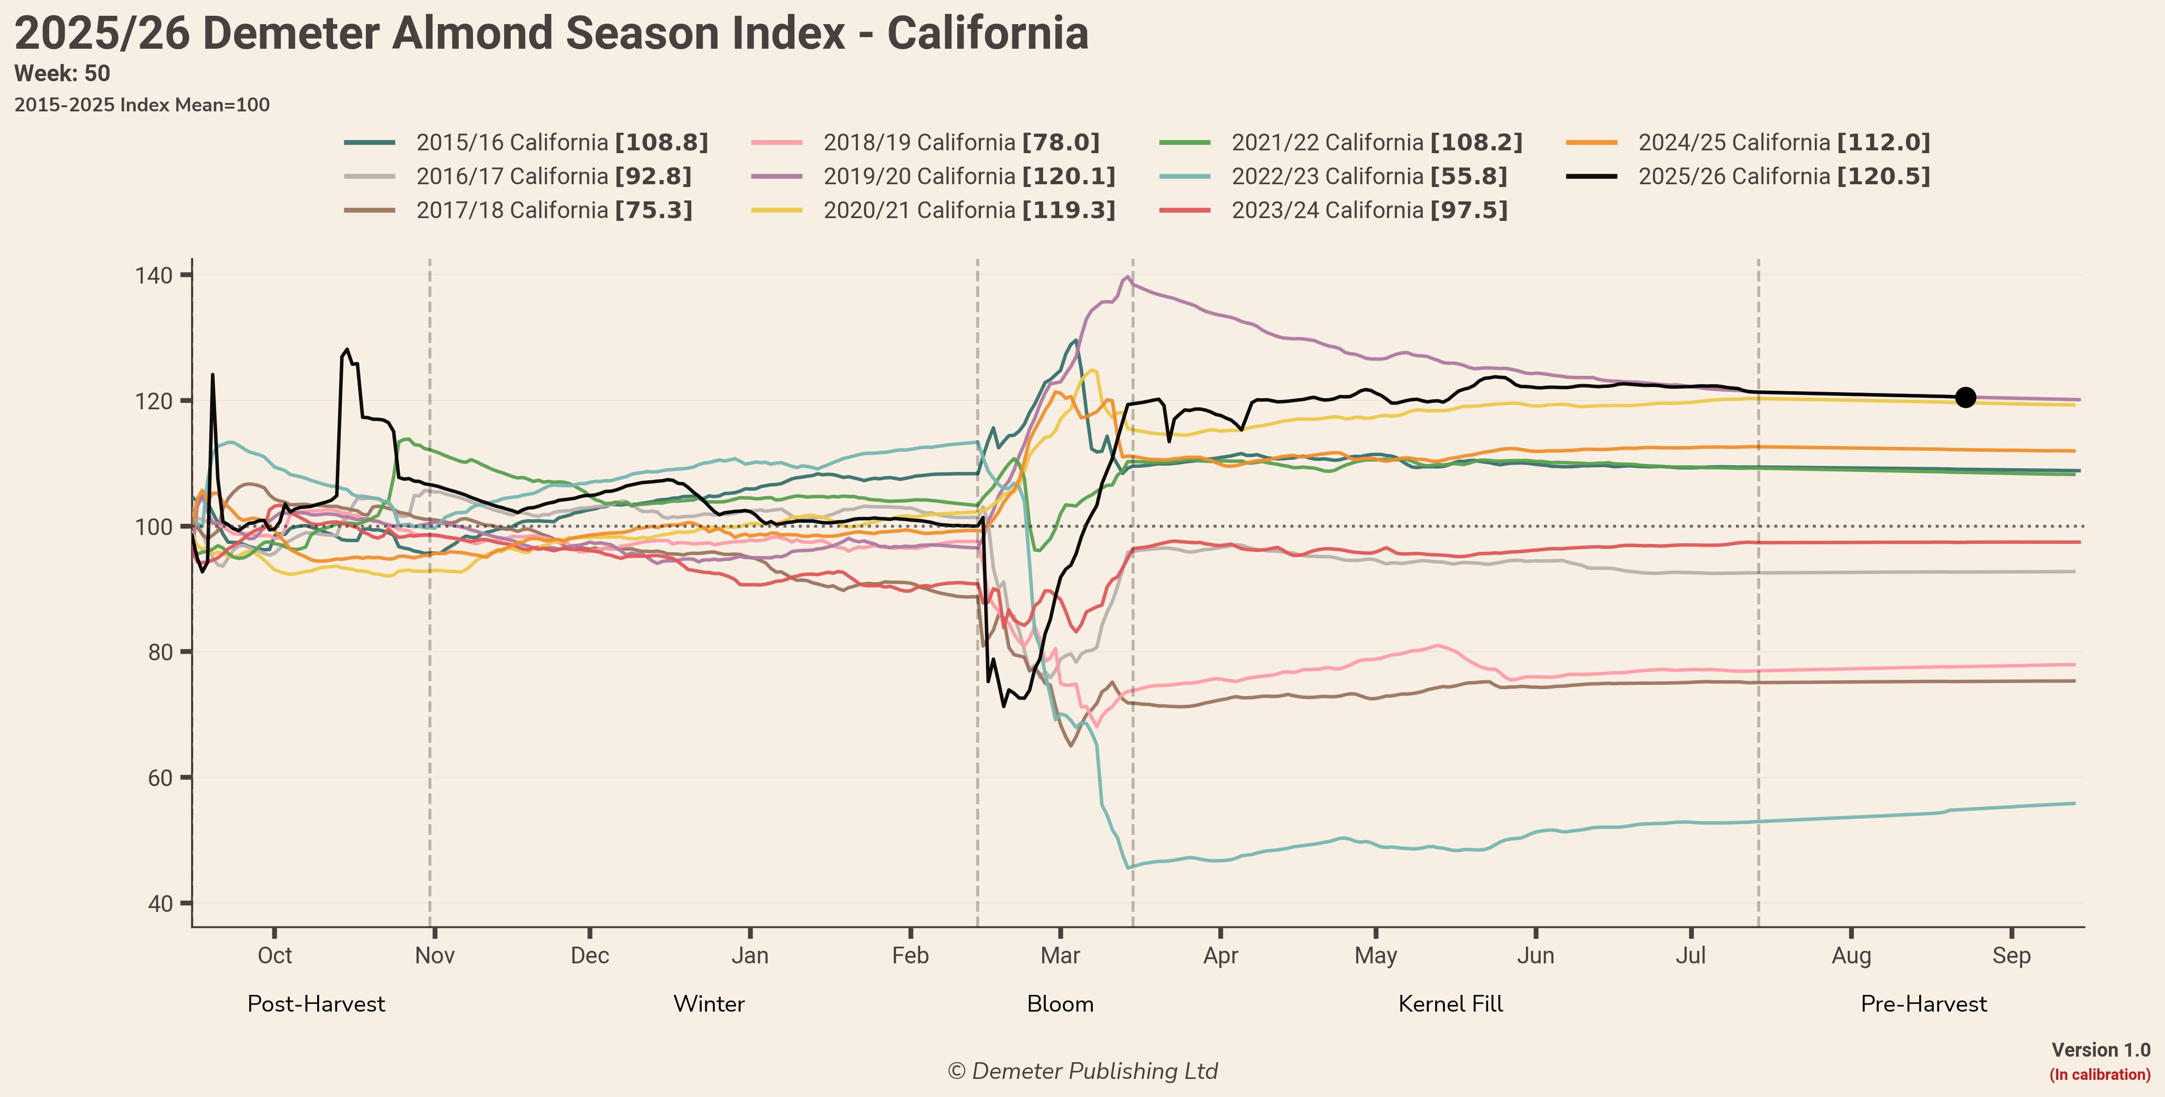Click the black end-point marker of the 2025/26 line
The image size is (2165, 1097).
[x=1965, y=397]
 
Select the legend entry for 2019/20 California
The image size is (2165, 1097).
[x=933, y=176]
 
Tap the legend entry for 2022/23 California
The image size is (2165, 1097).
[x=1333, y=176]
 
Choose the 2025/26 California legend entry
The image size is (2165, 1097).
[x=1748, y=176]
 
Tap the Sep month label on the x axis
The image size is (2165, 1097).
[x=2011, y=956]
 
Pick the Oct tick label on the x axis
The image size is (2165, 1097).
[x=275, y=956]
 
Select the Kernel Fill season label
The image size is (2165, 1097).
[x=1451, y=1004]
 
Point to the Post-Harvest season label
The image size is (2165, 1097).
[x=316, y=1004]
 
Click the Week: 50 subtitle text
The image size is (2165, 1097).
[x=62, y=74]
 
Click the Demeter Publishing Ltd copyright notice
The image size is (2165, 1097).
[x=1082, y=1071]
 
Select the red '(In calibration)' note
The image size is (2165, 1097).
[x=2100, y=1074]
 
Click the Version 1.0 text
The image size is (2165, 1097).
[x=2100, y=1050]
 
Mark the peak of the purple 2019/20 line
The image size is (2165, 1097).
[x=1127, y=277]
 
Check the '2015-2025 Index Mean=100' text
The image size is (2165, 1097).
[x=142, y=105]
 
